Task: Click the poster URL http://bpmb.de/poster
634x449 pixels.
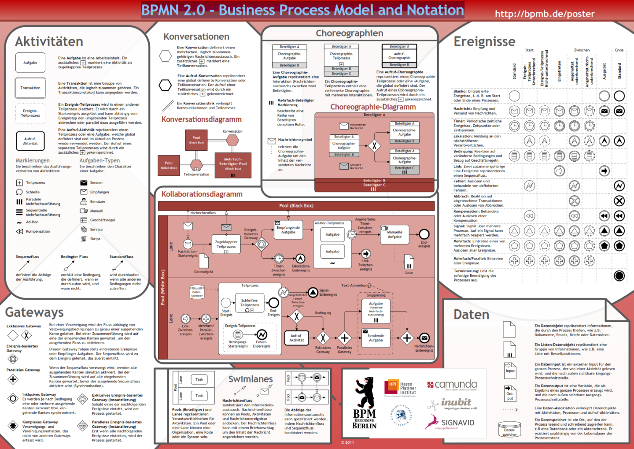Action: [545, 14]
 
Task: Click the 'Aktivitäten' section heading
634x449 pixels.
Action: [49, 41]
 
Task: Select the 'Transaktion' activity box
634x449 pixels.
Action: [30, 88]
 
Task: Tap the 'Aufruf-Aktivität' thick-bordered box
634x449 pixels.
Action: [30, 141]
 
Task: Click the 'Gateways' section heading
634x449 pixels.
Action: [34, 312]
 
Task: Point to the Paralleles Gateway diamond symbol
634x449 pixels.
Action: [13, 379]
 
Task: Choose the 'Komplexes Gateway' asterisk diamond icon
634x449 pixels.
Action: [13, 426]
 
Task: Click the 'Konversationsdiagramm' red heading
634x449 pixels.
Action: [201, 119]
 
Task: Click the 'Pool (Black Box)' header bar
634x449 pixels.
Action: [296, 206]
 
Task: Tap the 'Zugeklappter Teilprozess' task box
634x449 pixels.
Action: [226, 245]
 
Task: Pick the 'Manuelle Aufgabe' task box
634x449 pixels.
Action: [394, 234]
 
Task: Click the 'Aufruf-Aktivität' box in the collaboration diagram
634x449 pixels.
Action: [296, 338]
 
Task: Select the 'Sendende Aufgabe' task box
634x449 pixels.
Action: [376, 337]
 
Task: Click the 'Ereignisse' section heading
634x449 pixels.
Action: [484, 41]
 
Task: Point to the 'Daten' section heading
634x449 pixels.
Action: [471, 315]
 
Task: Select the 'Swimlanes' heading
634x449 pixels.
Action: [251, 379]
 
